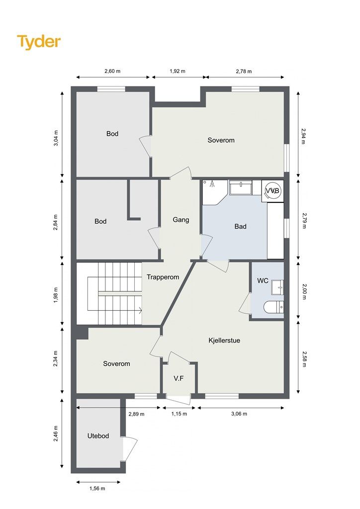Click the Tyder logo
39,42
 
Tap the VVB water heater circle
272,191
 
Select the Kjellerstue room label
224,340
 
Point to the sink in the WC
277,287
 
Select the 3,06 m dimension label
239,414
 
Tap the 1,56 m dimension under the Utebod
97,488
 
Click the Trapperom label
163,277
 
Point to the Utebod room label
98,436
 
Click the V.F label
179,378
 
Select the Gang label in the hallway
181,220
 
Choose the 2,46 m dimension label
56,433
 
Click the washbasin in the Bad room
241,187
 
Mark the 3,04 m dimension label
56,138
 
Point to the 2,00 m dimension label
304,291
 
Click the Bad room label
241,227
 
